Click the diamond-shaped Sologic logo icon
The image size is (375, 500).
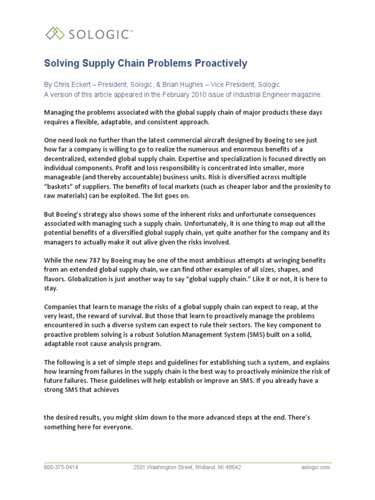click(55, 34)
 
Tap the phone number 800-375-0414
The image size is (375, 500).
click(61, 467)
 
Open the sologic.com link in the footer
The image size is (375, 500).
click(316, 467)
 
